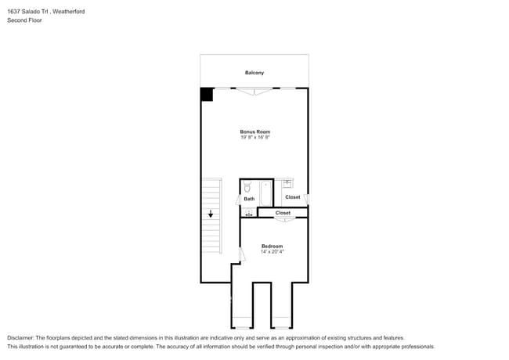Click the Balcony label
(254, 73)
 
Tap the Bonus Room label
(254, 131)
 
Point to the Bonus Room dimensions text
(254, 138)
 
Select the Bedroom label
(272, 246)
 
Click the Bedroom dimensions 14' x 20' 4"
(272, 252)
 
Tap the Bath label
(249, 199)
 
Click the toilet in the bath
(247, 187)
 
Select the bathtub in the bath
(265, 193)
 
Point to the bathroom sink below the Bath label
(248, 212)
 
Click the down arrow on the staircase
(210, 213)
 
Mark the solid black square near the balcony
(207, 94)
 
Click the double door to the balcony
(254, 91)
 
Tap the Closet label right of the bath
(292, 197)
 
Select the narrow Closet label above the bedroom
(283, 213)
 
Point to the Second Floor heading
(23, 20)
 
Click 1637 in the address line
(13, 11)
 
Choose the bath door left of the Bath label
(238, 199)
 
